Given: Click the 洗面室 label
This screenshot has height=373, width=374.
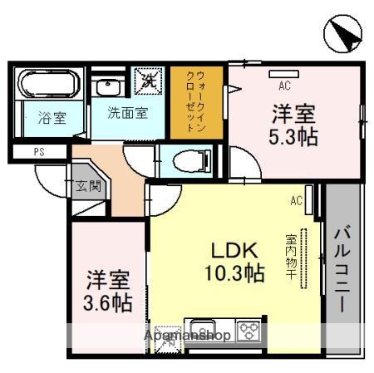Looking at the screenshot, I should pos(126,113).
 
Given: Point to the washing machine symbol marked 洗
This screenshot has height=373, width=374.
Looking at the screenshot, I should pos(150,81).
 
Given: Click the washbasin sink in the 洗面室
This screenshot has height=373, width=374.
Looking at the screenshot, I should pos(107,86).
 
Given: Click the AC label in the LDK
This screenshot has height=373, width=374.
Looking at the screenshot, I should pos(295,199).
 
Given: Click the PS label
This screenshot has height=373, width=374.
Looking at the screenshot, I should pos(38,151).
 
